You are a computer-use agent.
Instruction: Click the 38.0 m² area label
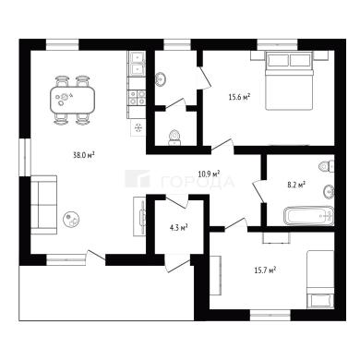pyautogui.click(x=83, y=155)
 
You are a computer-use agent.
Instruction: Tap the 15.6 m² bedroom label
pyautogui.click(x=239, y=98)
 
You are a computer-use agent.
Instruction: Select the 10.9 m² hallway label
pyautogui.click(x=209, y=174)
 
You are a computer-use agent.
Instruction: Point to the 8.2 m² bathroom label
pyautogui.click(x=296, y=185)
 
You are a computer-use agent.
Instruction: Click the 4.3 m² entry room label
pyautogui.click(x=179, y=228)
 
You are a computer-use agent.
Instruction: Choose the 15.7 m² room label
pyautogui.click(x=265, y=270)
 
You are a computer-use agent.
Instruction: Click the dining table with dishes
pyautogui.click(x=72, y=100)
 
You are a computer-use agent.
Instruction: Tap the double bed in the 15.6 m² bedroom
pyautogui.click(x=289, y=80)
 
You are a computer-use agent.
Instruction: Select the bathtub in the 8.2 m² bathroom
pyautogui.click(x=308, y=215)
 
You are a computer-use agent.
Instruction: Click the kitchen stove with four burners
pyautogui.click(x=137, y=97)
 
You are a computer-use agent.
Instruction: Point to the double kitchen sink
pyautogui.click(x=137, y=65)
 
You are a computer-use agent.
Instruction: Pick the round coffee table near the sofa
pyautogui.click(x=71, y=219)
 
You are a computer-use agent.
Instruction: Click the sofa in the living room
pyautogui.click(x=43, y=205)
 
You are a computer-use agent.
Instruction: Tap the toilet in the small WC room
pyautogui.click(x=174, y=138)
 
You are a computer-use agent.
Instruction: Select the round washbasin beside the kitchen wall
pyautogui.click(x=161, y=79)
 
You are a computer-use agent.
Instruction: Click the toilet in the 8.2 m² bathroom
pyautogui.click(x=327, y=166)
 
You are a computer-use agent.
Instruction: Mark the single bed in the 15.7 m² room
pyautogui.click(x=320, y=280)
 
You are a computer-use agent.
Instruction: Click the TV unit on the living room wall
pyautogui.click(x=139, y=217)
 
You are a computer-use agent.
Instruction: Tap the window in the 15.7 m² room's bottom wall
pyautogui.click(x=270, y=315)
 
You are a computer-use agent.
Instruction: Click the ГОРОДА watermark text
pyautogui.click(x=198, y=182)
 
